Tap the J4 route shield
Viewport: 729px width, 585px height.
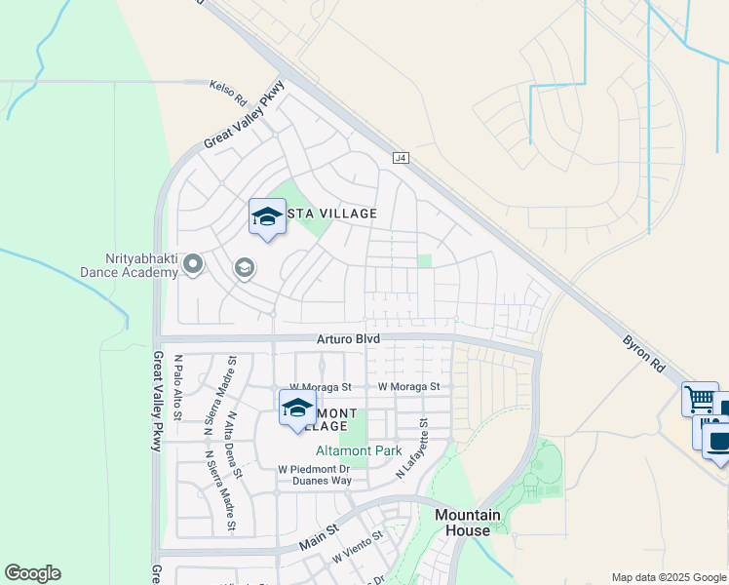400,157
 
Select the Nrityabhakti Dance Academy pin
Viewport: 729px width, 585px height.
193,264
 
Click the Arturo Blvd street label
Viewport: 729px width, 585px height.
347,338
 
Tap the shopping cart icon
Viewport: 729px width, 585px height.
699,398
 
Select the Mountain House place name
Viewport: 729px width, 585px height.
468,523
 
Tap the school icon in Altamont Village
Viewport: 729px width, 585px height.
297,408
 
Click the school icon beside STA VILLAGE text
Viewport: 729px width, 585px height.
266,216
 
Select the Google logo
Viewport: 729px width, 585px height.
32,573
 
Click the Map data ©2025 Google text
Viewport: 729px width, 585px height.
669,577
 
